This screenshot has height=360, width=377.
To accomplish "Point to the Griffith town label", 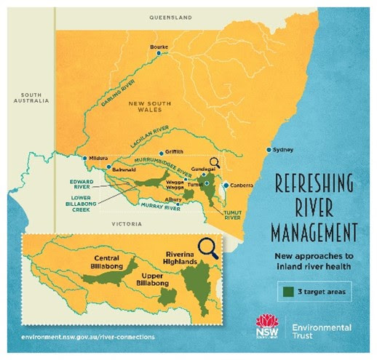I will (175, 151).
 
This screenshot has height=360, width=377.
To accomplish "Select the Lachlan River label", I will (149, 135).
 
